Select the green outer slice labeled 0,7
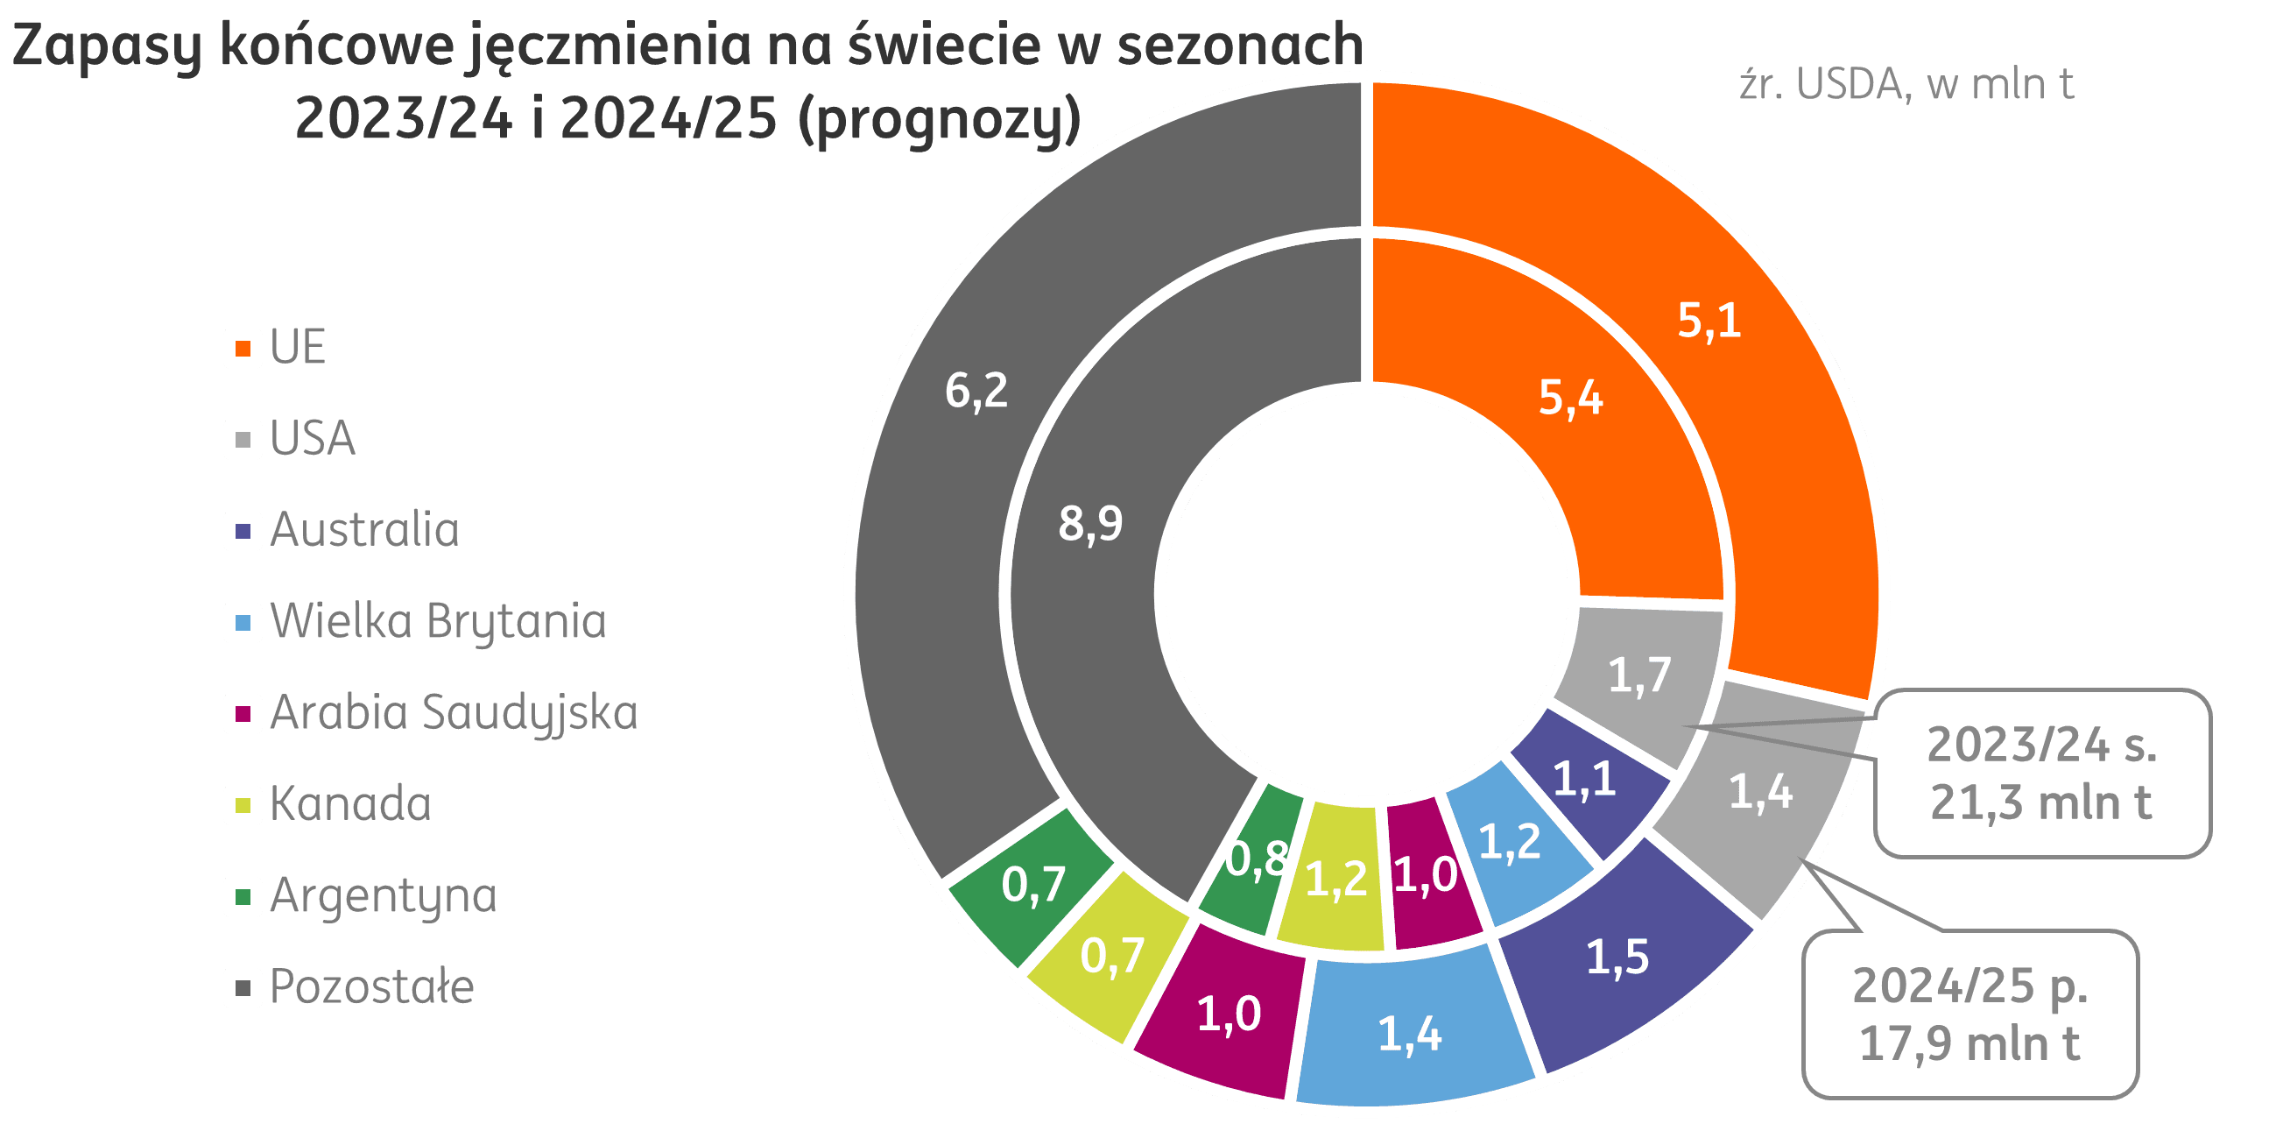click(1032, 884)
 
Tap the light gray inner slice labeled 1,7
click(1640, 676)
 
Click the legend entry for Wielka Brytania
click(438, 621)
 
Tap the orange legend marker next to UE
click(243, 348)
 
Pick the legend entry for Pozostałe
click(371, 987)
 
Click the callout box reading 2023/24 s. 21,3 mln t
click(2041, 774)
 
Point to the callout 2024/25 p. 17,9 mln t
click(1970, 1014)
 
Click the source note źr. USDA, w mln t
click(1906, 85)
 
